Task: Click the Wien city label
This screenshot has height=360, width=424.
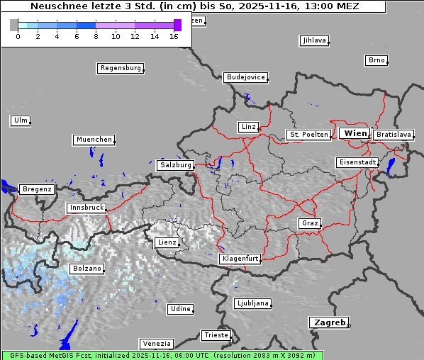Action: click(x=355, y=133)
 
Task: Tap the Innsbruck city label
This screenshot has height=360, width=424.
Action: click(x=86, y=208)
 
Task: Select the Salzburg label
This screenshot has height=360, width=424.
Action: click(x=175, y=164)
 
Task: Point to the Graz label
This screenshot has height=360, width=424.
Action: click(x=309, y=223)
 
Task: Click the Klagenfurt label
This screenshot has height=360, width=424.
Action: click(x=240, y=259)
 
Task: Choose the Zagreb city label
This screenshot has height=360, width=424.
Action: click(x=328, y=322)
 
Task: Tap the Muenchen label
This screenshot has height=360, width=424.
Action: click(x=93, y=140)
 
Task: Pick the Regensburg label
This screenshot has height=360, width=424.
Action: click(x=121, y=68)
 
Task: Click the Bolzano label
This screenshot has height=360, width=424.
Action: click(x=87, y=269)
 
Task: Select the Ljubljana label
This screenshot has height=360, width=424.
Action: click(x=252, y=303)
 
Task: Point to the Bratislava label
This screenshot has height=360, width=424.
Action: click(x=393, y=134)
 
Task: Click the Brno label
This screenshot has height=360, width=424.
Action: click(x=376, y=60)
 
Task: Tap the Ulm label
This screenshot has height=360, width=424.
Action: click(x=21, y=120)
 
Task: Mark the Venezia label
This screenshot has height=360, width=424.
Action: click(x=155, y=343)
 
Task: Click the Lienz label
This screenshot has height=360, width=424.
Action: click(x=167, y=242)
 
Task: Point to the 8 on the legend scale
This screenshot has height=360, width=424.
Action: click(x=96, y=36)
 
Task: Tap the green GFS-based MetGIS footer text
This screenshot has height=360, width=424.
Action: click(x=162, y=355)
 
